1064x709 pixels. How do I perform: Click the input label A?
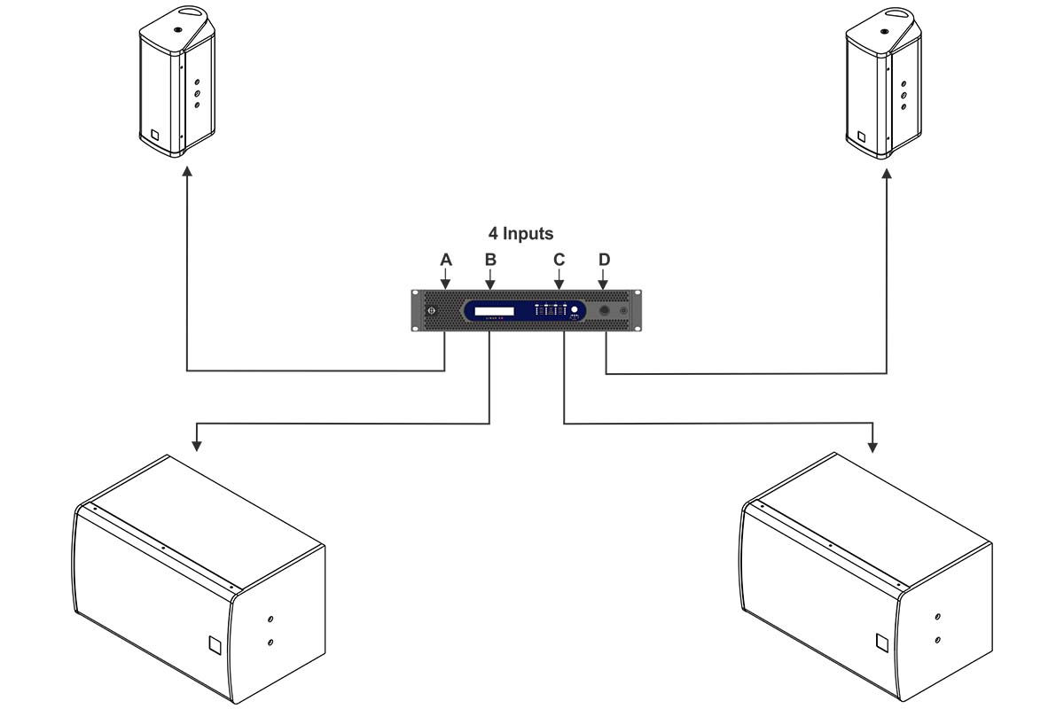[x=446, y=260]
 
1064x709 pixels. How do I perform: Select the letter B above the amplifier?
[x=490, y=260]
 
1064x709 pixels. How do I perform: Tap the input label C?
[x=559, y=260]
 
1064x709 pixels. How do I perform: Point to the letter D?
[x=605, y=260]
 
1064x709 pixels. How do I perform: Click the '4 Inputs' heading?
[x=520, y=234]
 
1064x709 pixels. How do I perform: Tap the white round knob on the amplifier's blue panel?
[x=575, y=310]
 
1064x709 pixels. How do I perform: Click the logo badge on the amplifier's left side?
[x=431, y=311]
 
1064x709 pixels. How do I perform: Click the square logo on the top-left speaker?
[x=154, y=136]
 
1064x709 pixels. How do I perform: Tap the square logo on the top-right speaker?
[x=859, y=137]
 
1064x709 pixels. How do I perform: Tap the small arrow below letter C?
[x=559, y=284]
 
